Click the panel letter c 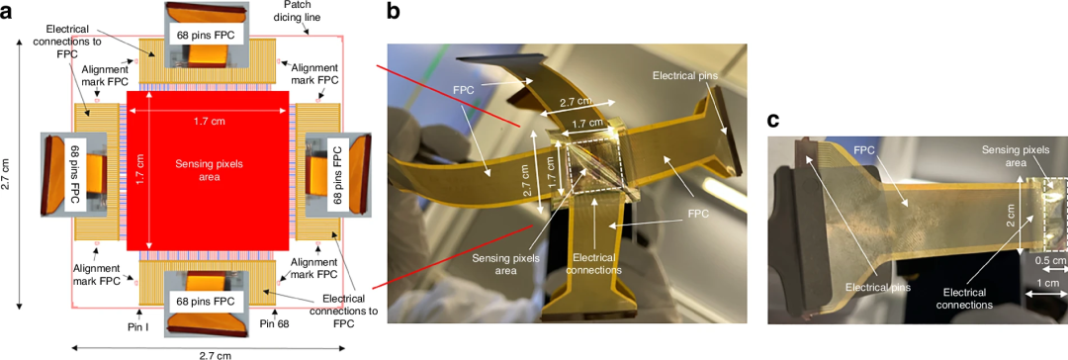773,120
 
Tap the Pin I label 142,326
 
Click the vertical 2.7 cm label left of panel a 6,172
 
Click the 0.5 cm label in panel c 1049,260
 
